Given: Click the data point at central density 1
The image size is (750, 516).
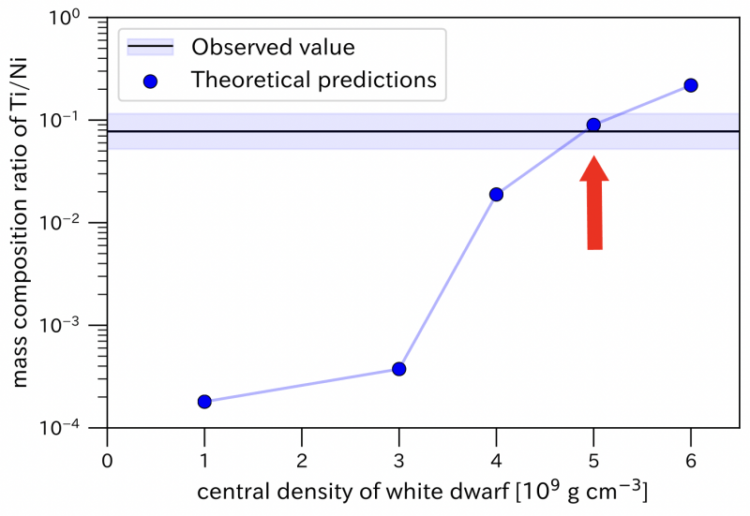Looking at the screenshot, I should (204, 402).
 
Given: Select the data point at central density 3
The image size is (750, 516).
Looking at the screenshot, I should (399, 369).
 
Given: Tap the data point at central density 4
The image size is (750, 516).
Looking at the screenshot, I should (496, 194).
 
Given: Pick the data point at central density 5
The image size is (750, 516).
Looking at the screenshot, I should (593, 125).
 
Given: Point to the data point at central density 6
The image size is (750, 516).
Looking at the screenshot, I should (691, 85).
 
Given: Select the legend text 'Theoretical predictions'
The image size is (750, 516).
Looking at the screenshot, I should (314, 80).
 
